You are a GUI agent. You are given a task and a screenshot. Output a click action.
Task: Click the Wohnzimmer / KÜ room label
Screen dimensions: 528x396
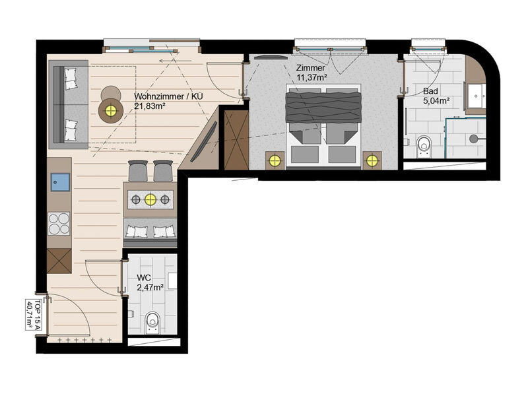(x=168, y=96)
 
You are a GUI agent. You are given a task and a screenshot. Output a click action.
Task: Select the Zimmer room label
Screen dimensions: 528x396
(x=310, y=68)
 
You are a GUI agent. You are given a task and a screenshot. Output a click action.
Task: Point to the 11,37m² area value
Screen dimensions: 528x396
(x=312, y=77)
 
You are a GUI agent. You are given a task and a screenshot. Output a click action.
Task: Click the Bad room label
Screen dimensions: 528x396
(x=430, y=91)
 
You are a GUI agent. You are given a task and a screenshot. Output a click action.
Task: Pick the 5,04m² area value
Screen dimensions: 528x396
(x=436, y=101)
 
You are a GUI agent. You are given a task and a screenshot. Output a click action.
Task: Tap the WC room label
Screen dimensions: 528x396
(x=144, y=278)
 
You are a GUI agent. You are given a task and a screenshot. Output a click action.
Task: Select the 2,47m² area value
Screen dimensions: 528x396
(x=150, y=288)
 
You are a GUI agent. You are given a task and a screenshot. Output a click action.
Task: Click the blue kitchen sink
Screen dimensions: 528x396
(x=61, y=182)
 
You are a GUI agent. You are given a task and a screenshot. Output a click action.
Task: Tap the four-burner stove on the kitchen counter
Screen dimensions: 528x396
(x=59, y=224)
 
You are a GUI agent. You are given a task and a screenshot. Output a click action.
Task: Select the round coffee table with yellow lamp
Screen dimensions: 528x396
(x=110, y=110)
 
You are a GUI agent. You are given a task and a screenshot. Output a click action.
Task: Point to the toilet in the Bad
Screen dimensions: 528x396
(x=424, y=147)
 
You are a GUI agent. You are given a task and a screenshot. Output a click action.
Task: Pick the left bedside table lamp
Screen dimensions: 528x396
(x=275, y=160)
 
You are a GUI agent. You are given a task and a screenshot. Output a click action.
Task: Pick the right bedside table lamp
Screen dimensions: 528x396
(x=372, y=160)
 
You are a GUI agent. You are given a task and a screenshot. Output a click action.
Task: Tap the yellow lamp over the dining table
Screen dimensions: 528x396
(x=150, y=200)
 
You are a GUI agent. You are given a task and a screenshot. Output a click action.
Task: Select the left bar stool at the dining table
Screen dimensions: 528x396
(x=138, y=171)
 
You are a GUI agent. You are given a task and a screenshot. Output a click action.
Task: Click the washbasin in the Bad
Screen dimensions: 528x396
(x=476, y=96)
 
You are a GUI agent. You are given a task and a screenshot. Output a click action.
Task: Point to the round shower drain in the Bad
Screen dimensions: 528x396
(x=473, y=139)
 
